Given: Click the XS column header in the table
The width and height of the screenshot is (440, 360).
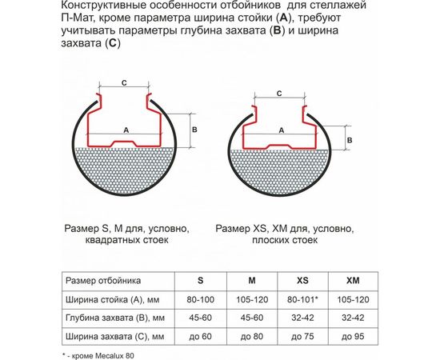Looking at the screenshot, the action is (302, 281).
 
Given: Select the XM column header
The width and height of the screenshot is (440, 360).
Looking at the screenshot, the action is (353, 281).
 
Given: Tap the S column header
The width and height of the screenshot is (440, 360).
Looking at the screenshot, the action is (200, 281).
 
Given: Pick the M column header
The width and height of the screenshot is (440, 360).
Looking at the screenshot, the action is (251, 281).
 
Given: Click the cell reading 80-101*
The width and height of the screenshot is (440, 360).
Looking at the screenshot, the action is (302, 299).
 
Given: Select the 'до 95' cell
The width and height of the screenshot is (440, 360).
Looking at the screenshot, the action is (353, 335).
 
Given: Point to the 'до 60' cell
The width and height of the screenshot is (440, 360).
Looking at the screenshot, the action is (200, 335).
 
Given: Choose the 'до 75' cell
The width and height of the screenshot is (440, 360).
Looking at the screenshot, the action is (302, 335).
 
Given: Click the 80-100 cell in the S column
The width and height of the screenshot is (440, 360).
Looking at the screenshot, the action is (200, 299).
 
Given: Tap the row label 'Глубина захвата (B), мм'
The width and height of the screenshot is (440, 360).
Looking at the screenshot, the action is (115, 317).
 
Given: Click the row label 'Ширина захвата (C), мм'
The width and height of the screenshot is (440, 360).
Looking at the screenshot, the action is (115, 335).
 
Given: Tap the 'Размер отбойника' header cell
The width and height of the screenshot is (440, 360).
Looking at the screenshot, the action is (104, 281).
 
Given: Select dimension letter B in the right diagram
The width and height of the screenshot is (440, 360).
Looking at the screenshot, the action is (349, 139).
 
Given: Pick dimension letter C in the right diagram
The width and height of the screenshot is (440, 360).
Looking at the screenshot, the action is (277, 94).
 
